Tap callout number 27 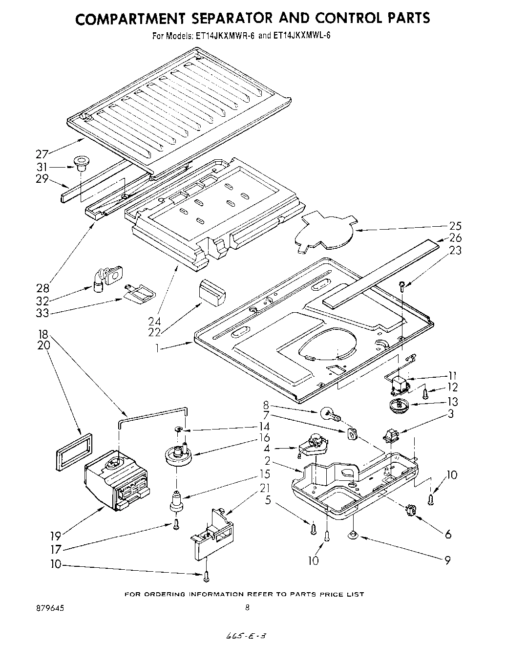42,154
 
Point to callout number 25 455,226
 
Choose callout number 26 455,238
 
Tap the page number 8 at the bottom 248,608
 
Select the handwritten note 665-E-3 247,634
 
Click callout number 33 42,313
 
